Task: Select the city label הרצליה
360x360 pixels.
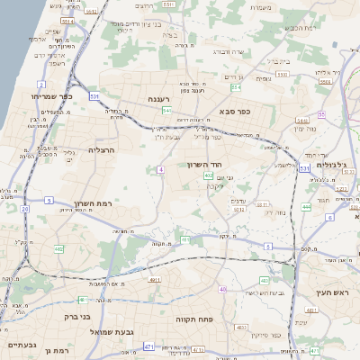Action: (x=103, y=151)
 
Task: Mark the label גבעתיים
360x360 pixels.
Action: (x=19, y=345)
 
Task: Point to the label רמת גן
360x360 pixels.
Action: (x=55, y=349)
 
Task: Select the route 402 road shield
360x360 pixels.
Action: (x=208, y=176)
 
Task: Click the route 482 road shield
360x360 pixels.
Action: (x=58, y=248)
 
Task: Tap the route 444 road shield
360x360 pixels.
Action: (x=306, y=207)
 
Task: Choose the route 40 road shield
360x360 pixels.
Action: (x=223, y=289)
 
